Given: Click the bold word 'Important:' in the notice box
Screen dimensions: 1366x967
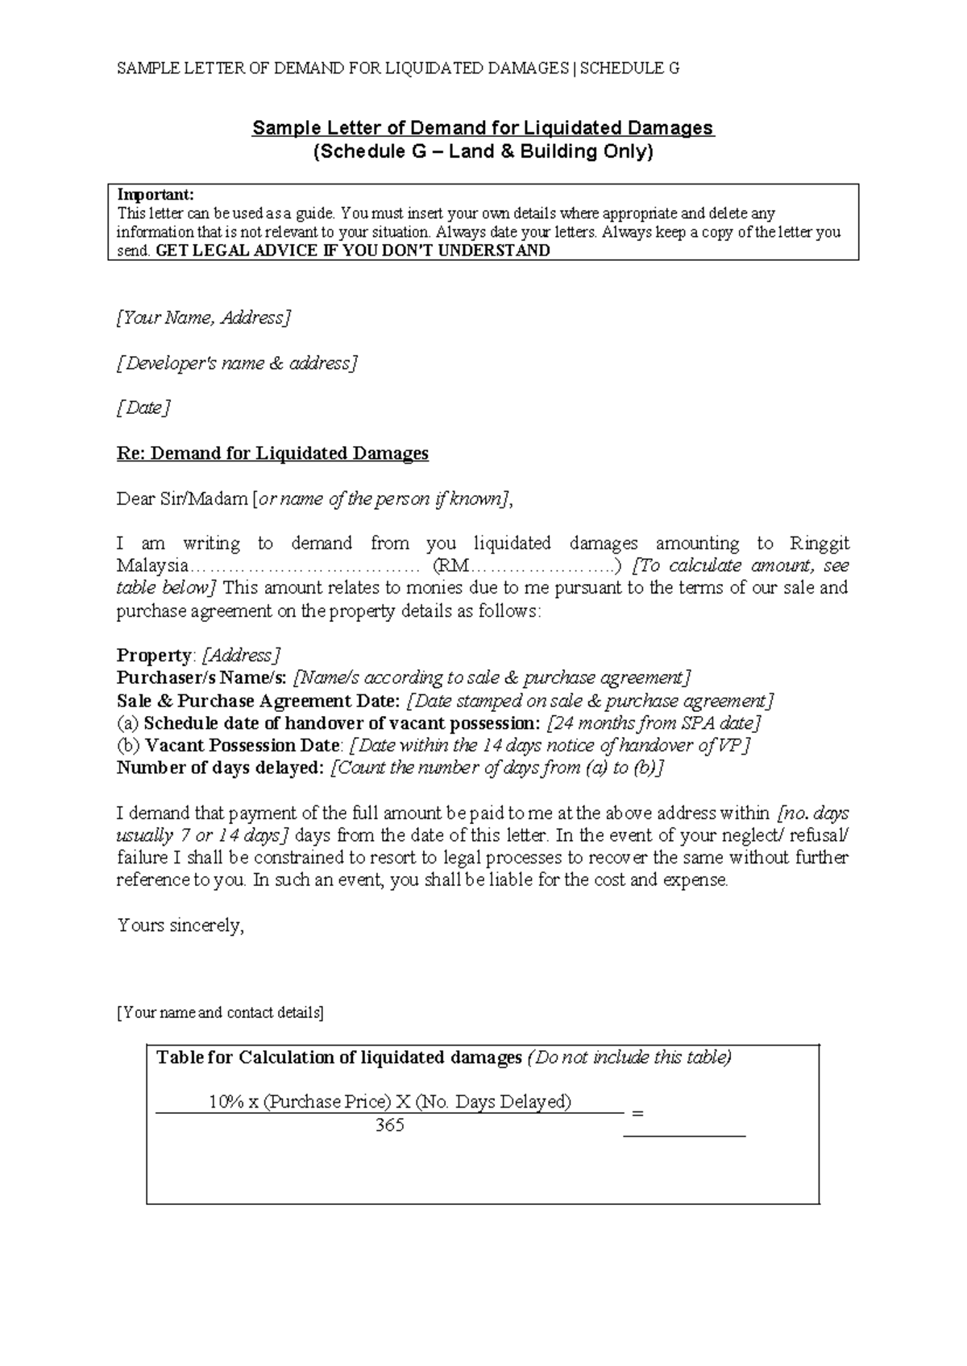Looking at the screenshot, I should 156,195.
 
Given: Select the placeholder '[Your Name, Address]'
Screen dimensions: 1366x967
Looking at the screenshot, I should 203,318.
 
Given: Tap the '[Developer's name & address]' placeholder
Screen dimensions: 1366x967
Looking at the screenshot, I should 236,363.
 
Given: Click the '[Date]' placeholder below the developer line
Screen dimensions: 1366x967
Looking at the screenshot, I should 143,408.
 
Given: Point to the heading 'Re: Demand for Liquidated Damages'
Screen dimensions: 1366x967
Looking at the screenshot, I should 272,453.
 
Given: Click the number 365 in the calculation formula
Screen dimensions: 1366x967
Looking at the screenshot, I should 389,1126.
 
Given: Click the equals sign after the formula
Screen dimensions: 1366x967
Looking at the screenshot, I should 638,1113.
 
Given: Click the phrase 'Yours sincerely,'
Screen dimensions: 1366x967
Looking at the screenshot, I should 181,925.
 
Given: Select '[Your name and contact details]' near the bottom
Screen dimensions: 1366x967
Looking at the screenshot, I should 220,1013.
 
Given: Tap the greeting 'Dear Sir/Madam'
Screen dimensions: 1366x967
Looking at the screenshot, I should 183,499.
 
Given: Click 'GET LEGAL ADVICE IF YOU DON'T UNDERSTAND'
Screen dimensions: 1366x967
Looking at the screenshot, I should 352,250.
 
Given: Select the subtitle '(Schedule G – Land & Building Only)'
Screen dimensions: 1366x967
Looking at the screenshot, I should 483,152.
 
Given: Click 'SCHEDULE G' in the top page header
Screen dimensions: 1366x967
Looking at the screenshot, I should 629,68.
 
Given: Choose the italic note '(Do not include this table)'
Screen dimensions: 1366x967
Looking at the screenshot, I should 629,1058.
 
